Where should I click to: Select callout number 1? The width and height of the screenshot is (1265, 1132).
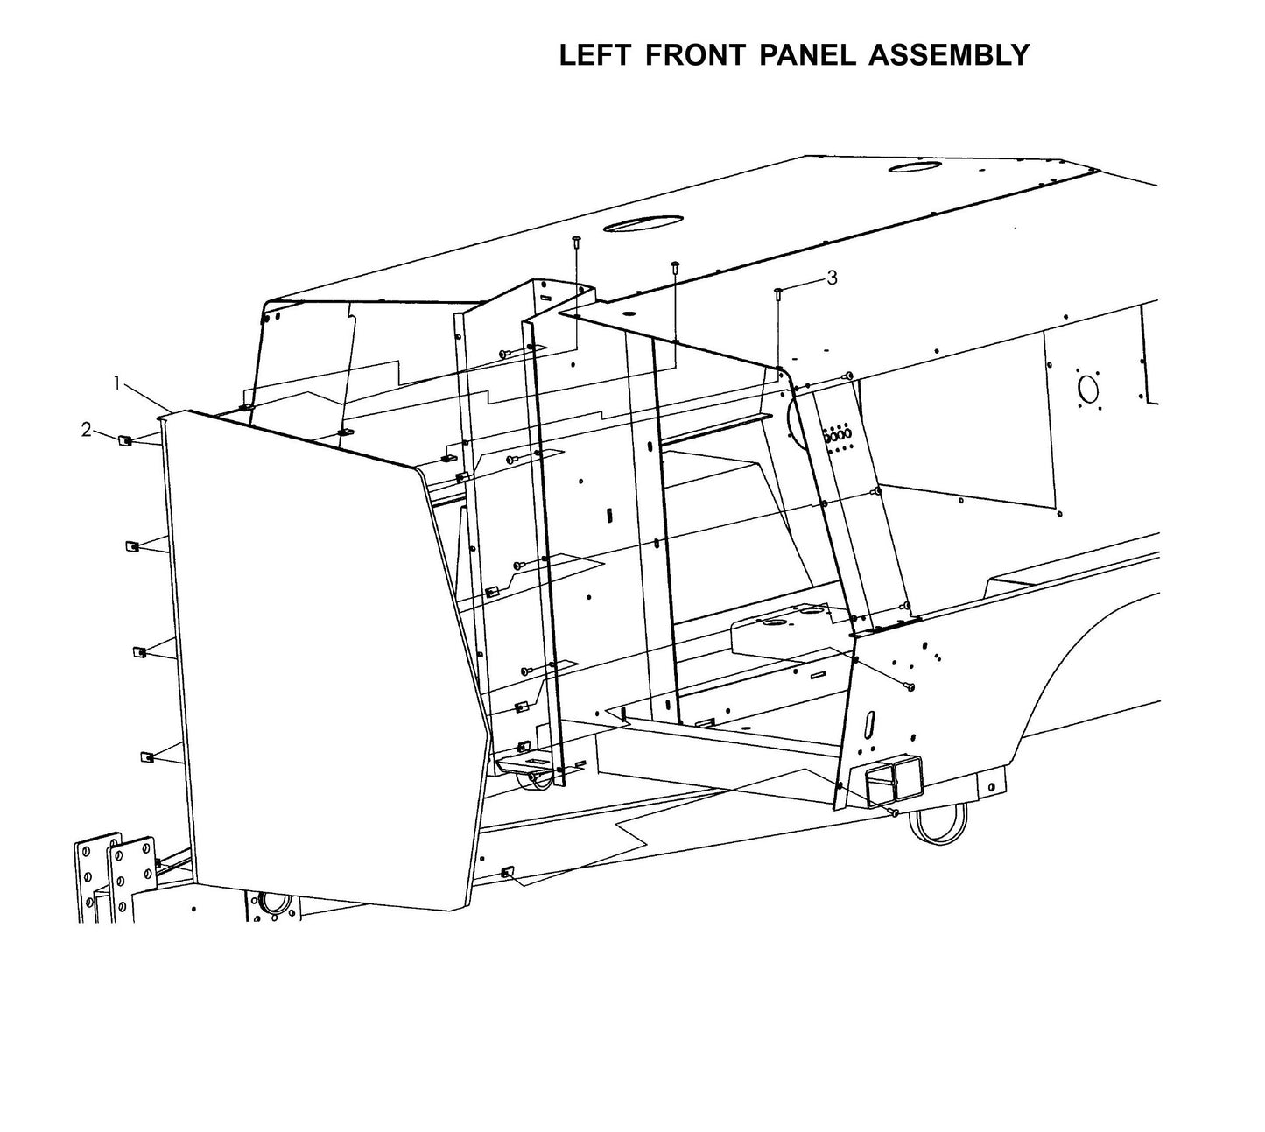pyautogui.click(x=116, y=383)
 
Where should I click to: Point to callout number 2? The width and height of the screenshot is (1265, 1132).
pyautogui.click(x=86, y=429)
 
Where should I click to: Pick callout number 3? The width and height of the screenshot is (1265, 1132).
pyautogui.click(x=832, y=278)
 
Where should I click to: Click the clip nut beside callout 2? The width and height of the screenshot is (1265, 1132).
pyautogui.click(x=125, y=440)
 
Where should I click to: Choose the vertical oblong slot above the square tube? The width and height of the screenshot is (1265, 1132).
pyautogui.click(x=871, y=726)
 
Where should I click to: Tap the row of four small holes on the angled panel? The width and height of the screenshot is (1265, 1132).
pyautogui.click(x=838, y=434)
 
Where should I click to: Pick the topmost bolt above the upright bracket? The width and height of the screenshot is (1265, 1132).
pyautogui.click(x=576, y=240)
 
